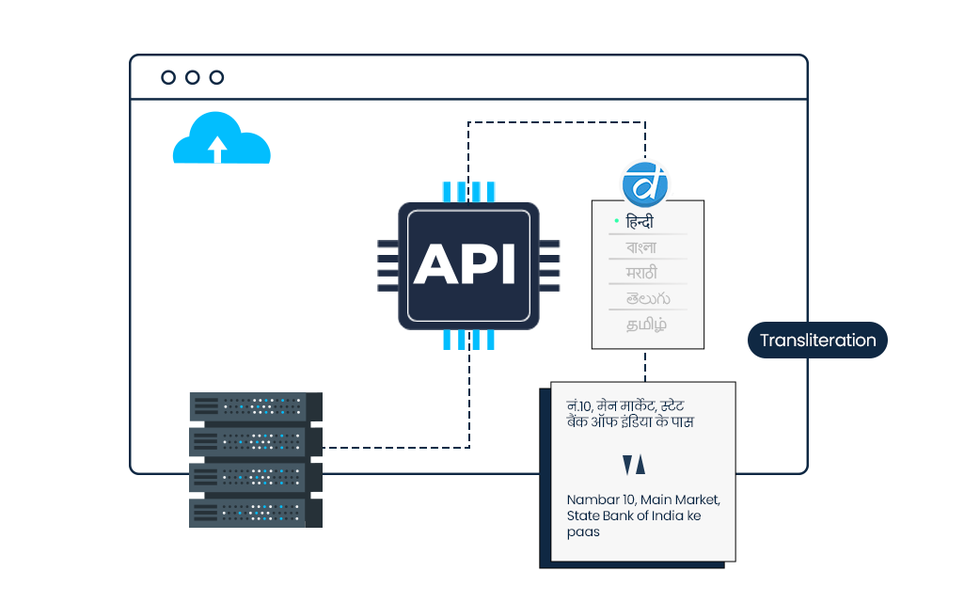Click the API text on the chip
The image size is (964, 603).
pyautogui.click(x=466, y=264)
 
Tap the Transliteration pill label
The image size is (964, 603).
pyautogui.click(x=817, y=341)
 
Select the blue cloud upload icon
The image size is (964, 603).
pyautogui.click(x=222, y=140)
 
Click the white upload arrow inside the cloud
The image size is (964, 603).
pyautogui.click(x=218, y=149)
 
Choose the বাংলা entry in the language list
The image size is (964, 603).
pyautogui.click(x=642, y=248)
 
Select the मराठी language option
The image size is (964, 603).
pyautogui.click(x=642, y=273)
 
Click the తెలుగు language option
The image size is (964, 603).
pyautogui.click(x=646, y=298)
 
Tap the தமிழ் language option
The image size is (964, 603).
pyautogui.click(x=647, y=325)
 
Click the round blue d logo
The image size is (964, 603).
pyautogui.click(x=645, y=183)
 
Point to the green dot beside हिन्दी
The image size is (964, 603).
pyautogui.click(x=616, y=221)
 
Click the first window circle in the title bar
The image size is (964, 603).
pyautogui.click(x=168, y=77)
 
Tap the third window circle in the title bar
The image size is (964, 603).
pyautogui.click(x=217, y=77)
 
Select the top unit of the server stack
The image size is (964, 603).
pyautogui.click(x=255, y=406)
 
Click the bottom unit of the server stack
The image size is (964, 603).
pyautogui.click(x=255, y=513)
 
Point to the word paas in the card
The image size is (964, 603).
pyautogui.click(x=583, y=532)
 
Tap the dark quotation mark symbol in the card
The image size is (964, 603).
pyautogui.click(x=634, y=464)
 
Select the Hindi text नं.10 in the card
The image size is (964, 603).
pyautogui.click(x=578, y=405)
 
